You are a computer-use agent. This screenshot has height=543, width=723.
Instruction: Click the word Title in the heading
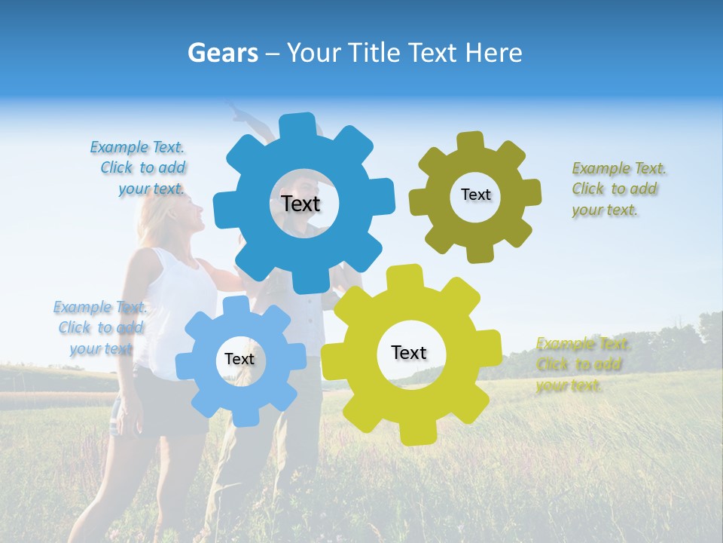[374, 53]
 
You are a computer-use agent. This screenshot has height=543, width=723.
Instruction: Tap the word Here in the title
[494, 53]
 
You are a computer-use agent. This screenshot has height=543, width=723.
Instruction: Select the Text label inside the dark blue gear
[300, 204]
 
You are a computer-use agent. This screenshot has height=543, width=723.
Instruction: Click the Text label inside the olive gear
[475, 195]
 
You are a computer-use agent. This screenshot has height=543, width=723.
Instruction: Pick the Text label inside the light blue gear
[239, 359]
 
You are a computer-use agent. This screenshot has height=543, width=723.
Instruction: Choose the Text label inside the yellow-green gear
[409, 352]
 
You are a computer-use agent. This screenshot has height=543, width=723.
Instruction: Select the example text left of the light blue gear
[100, 328]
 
